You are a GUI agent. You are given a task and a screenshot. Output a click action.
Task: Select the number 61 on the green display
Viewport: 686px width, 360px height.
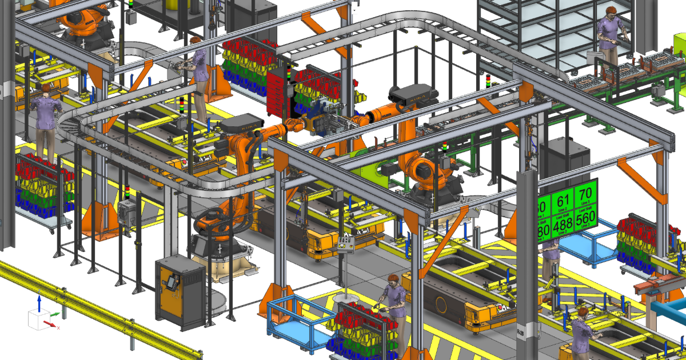tap(563, 201)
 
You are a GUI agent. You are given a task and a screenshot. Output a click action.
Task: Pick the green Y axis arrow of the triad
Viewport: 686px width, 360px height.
tap(54, 314)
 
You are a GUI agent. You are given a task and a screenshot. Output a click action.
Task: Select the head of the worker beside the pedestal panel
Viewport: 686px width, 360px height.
tap(392, 279)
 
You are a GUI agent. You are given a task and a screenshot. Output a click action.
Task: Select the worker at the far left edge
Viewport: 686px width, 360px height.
tap(45, 120)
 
